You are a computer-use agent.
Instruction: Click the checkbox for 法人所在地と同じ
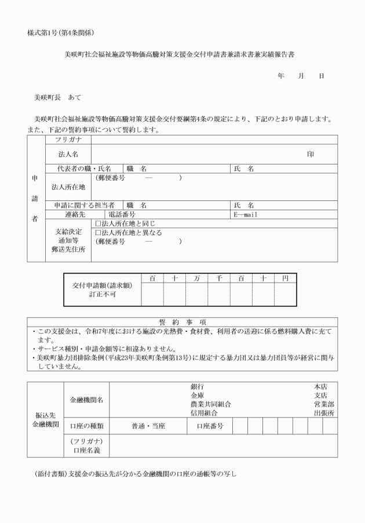pyautogui.click(x=98, y=223)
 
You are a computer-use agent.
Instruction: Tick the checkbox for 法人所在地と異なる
pyautogui.click(x=98, y=232)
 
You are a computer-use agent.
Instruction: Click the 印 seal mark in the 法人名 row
pyautogui.click(x=311, y=155)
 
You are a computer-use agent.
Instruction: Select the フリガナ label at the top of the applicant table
pyautogui.click(x=68, y=140)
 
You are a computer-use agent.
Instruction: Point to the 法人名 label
pyautogui.click(x=68, y=155)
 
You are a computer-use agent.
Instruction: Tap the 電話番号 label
pyautogui.click(x=123, y=214)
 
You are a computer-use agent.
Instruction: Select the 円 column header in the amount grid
pyautogui.click(x=285, y=279)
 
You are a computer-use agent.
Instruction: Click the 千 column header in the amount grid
pyautogui.click(x=219, y=279)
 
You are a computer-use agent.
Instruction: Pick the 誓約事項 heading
pyautogui.click(x=182, y=321)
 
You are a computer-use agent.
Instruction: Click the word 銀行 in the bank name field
pyautogui.click(x=197, y=386)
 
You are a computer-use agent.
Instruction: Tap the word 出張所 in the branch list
pyautogui.click(x=324, y=412)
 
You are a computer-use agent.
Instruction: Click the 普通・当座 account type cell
pyautogui.click(x=148, y=426)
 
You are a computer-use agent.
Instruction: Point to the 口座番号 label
pyautogui.click(x=210, y=426)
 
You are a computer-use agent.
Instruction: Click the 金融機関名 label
pyautogui.click(x=86, y=400)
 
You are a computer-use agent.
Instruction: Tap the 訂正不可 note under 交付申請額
pyautogui.click(x=103, y=294)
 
